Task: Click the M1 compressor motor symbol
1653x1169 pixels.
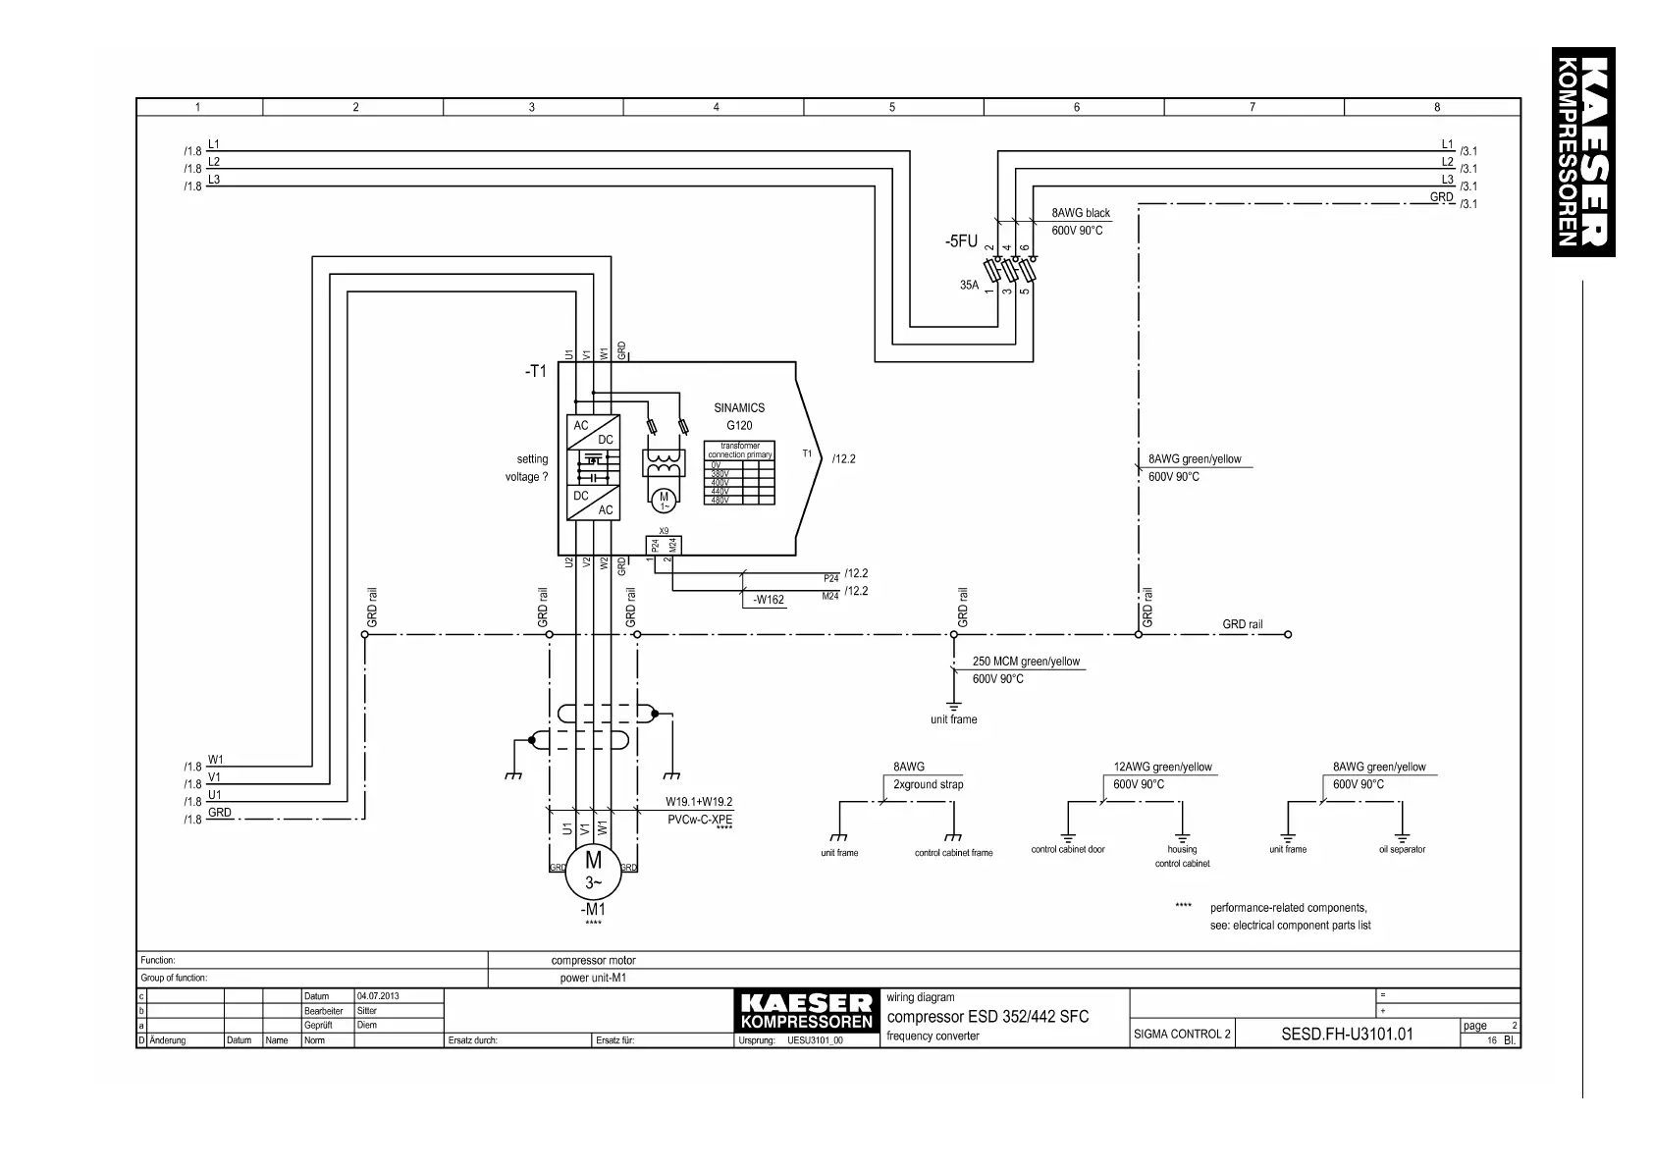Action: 593,872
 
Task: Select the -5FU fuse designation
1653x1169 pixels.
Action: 961,241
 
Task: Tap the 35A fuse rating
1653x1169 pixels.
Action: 969,286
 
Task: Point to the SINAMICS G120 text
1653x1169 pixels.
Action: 739,416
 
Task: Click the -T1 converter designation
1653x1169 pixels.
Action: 535,371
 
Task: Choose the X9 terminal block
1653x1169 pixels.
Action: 664,545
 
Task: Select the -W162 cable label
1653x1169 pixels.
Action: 768,600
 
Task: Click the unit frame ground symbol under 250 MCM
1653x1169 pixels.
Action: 953,704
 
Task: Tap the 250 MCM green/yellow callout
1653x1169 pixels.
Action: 1026,662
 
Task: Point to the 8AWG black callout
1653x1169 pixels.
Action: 1081,213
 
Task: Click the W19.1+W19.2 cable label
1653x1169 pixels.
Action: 699,802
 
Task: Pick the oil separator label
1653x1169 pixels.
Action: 1402,850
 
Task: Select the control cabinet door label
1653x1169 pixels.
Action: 1068,850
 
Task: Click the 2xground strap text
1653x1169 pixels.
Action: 929,784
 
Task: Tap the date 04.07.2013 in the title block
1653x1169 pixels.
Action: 375,996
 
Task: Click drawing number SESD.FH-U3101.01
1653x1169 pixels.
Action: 1347,1034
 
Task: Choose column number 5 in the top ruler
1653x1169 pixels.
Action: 892,108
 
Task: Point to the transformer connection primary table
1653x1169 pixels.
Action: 740,473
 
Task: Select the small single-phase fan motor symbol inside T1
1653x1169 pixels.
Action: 664,501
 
